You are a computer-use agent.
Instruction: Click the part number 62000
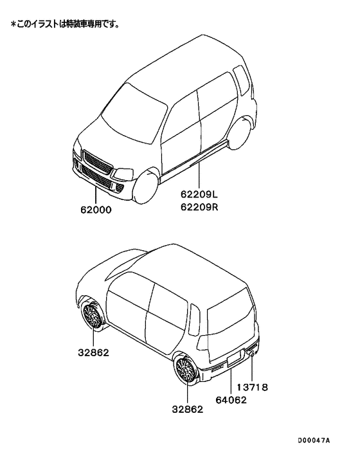pos(96,210)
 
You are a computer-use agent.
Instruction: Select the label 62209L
pos(199,194)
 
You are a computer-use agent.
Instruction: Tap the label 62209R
pos(199,207)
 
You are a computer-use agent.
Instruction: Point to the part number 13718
pos(253,387)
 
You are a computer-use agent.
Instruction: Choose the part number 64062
pos(231,400)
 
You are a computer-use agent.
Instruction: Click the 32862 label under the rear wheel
pos(188,409)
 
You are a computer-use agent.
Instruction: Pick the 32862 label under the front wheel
pos(93,352)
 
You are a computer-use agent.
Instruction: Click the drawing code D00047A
pos(314,440)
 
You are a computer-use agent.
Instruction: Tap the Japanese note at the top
pos(65,24)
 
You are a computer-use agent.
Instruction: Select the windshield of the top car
pos(134,113)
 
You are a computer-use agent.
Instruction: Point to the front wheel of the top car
pos(147,187)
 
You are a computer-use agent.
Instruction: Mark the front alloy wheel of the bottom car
pos(92,315)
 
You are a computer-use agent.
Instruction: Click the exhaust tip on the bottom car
pos(252,354)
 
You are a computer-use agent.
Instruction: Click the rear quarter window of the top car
pos(241,80)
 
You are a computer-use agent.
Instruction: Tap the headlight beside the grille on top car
pos(123,174)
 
